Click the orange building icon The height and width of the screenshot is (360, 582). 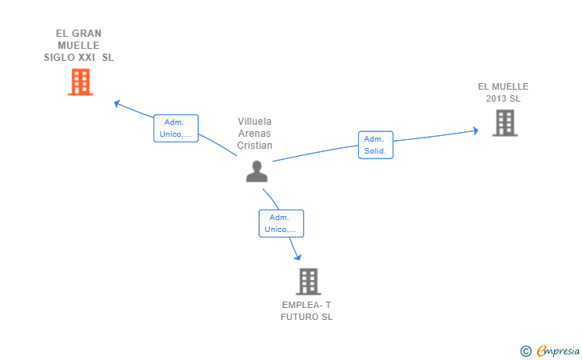tap(81, 82)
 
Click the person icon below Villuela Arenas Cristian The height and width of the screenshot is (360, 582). tap(257, 171)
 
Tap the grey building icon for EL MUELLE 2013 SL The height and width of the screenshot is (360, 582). tap(504, 123)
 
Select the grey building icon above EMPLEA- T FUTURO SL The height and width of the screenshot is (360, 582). tap(309, 282)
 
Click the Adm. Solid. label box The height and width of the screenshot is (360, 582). tap(376, 145)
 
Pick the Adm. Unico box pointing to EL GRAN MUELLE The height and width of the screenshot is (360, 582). tap(176, 128)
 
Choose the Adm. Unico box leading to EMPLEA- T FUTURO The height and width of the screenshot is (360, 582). tap(281, 223)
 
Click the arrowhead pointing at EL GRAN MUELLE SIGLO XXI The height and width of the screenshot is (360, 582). tap(117, 104)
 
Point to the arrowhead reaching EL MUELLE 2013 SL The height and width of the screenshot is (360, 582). tap(475, 130)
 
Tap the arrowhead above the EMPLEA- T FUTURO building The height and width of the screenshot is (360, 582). tap(297, 257)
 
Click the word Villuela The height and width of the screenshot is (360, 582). tap(254, 122)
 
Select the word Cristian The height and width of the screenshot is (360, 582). tap(254, 146)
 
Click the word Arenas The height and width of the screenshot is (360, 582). tap(254, 134)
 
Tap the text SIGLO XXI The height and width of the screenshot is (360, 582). tap(70, 58)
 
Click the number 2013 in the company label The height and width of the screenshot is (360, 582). tap(496, 98)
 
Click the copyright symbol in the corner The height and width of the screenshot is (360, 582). tap(526, 351)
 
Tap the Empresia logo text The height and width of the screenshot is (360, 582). tap(558, 351)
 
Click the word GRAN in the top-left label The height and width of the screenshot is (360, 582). tap(86, 34)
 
